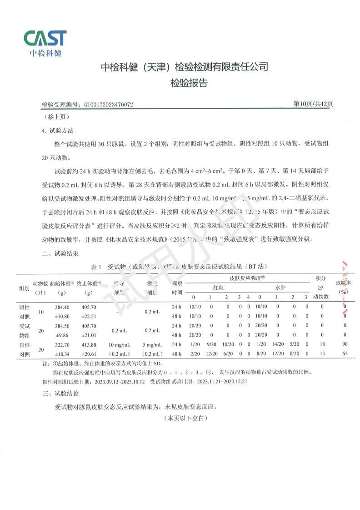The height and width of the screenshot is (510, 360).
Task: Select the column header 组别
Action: pos(24,288)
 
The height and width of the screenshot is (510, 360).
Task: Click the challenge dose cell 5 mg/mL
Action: pos(152,345)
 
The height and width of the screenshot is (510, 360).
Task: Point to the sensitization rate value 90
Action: pos(345,345)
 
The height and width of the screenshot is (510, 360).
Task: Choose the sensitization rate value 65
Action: pos(345,353)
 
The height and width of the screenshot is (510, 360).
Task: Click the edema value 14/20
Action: pos(277,345)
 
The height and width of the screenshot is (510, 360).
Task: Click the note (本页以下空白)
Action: pos(186,417)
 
